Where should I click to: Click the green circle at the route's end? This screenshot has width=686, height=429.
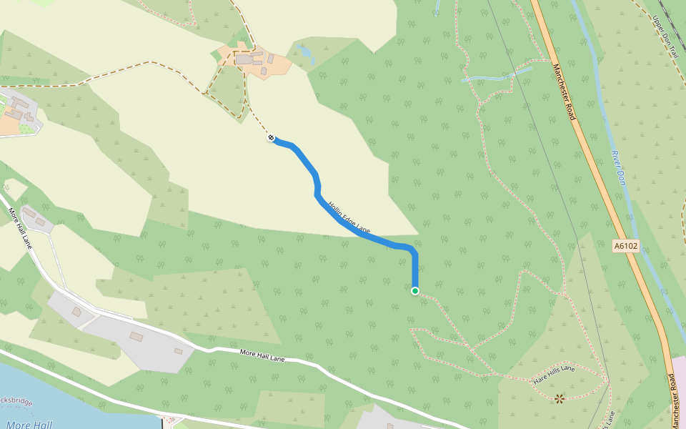tap(414, 291)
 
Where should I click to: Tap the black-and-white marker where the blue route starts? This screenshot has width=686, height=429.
tap(272, 137)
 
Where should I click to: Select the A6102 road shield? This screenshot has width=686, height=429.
tap(625, 246)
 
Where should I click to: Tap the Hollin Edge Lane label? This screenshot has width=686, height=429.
tap(349, 217)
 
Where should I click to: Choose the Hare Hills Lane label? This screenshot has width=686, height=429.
tap(554, 375)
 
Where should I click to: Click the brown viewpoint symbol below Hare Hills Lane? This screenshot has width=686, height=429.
tap(559, 398)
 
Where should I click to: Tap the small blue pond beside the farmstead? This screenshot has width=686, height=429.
tap(305, 51)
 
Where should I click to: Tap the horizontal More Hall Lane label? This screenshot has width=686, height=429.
tap(262, 355)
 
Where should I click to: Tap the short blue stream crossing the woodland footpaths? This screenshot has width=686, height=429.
tap(497, 76)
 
